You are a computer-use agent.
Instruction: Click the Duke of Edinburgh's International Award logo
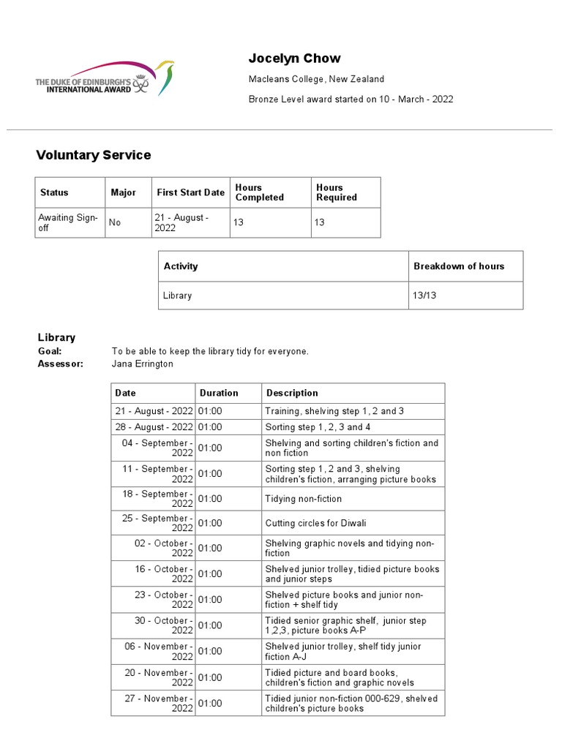click(x=105, y=78)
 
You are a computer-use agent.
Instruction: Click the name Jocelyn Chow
click(x=294, y=59)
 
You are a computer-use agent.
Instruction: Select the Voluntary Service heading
click(x=94, y=155)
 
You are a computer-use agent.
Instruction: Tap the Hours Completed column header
click(x=259, y=192)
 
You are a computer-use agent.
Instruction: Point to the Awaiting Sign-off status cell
click(x=68, y=222)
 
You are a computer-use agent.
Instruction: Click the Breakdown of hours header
click(x=459, y=266)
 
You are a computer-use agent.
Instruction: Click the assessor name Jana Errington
click(x=142, y=364)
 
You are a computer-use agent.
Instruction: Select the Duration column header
click(x=219, y=393)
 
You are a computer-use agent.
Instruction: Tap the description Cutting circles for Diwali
click(x=316, y=523)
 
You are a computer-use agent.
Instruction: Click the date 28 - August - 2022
click(x=154, y=427)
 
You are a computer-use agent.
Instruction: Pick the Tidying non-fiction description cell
click(x=303, y=499)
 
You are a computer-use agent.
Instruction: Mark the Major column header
click(x=123, y=192)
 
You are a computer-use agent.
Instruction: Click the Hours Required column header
click(x=337, y=192)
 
